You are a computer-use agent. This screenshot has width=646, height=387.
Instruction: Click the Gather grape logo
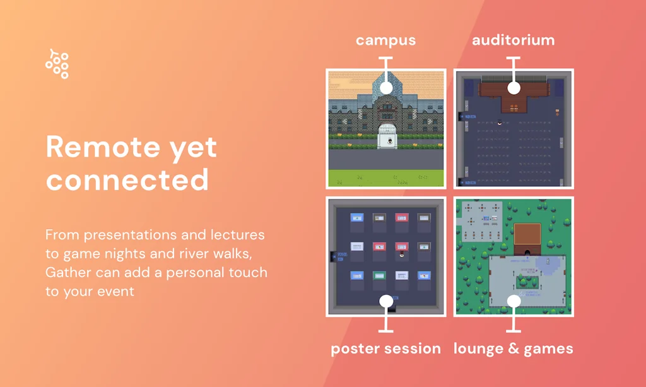click(57, 64)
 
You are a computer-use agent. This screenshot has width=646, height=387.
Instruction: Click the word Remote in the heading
click(103, 146)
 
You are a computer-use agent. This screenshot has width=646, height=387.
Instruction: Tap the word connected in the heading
click(127, 180)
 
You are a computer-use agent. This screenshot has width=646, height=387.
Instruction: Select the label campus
click(385, 40)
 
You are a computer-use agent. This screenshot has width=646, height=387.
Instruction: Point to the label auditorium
click(514, 40)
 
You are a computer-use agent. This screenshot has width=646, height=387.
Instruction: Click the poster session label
click(385, 348)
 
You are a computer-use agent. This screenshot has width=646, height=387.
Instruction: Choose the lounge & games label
click(514, 348)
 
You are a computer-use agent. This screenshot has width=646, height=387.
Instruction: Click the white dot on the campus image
click(386, 88)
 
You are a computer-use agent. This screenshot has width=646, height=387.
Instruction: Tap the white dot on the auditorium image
click(514, 88)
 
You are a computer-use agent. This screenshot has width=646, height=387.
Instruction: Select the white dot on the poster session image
click(386, 301)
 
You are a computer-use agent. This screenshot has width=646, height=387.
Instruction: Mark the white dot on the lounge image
click(514, 301)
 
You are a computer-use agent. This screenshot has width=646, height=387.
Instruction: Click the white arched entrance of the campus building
click(387, 136)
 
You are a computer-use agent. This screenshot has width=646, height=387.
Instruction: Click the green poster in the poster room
click(379, 275)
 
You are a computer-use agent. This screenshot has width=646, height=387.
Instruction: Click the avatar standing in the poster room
click(402, 254)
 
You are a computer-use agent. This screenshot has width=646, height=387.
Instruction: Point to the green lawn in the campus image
click(386, 178)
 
